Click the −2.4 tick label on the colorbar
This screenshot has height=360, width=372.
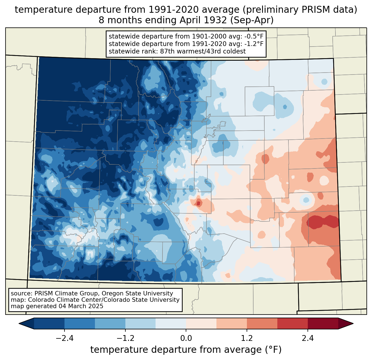click(64, 338)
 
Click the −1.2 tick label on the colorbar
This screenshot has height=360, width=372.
click(125, 338)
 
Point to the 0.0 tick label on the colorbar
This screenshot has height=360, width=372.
click(186, 338)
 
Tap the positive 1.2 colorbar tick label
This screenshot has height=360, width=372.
click(247, 338)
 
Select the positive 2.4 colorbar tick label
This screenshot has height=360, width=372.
click(308, 338)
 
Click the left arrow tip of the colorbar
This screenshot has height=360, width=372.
click(19, 324)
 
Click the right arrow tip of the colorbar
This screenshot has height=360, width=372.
click(353, 324)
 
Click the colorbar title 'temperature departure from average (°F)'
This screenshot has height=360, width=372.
click(186, 350)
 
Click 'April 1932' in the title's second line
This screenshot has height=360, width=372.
click(203, 20)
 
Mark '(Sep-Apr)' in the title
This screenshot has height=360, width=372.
click(252, 20)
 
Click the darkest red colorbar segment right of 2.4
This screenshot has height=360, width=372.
click(323, 324)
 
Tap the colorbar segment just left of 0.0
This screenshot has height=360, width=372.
click(171, 324)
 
